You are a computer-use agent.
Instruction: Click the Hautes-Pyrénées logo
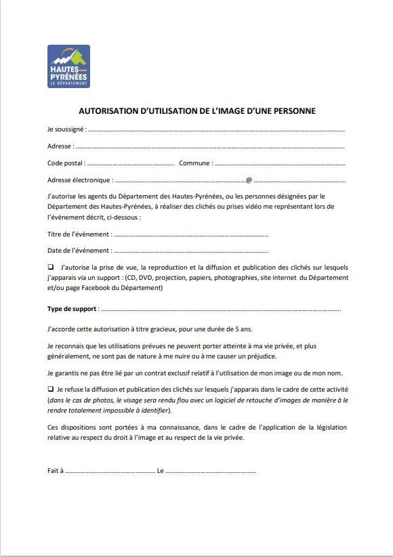(68, 66)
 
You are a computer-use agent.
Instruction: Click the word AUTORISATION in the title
(108, 110)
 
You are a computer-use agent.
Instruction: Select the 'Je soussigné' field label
(66, 128)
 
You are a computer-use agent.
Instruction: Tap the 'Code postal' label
(66, 163)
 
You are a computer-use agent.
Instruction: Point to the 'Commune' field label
(194, 163)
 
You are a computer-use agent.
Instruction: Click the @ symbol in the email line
(249, 180)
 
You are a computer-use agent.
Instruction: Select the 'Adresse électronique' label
(79, 180)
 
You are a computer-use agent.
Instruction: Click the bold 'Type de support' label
(73, 308)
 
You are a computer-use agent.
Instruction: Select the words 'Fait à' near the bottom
(56, 470)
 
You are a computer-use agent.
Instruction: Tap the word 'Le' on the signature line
(161, 470)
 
